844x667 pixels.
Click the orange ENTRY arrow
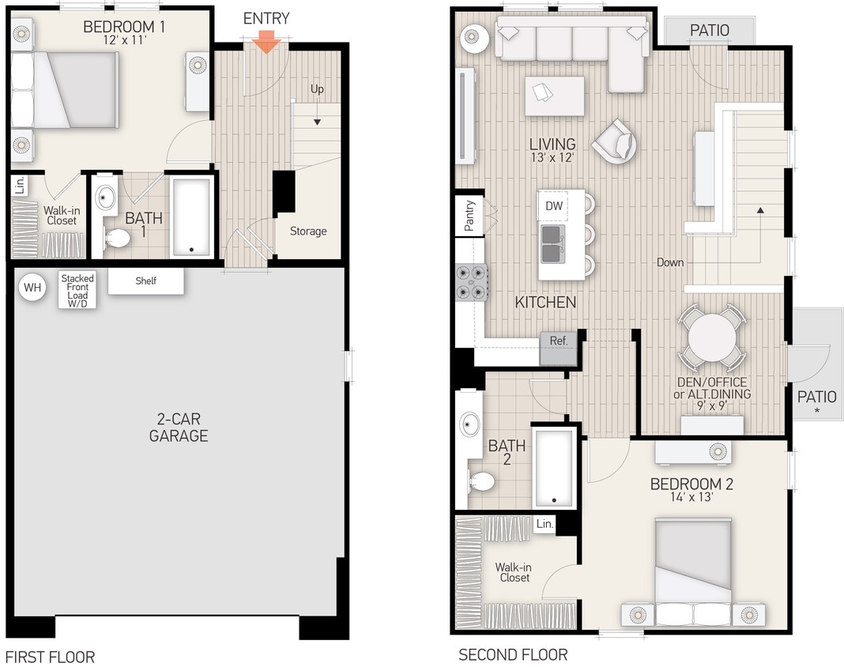tap(266, 43)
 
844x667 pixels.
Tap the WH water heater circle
tap(32, 288)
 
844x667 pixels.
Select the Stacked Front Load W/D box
tap(77, 290)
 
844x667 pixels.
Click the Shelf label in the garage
tap(146, 281)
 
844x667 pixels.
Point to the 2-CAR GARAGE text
tap(179, 428)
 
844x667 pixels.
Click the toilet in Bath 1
tap(117, 238)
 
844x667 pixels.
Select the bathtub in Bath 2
tap(554, 468)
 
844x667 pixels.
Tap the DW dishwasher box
tap(554, 206)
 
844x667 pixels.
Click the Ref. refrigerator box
tap(559, 341)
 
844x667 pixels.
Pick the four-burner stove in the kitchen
tap(473, 282)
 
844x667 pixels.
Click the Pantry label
tap(469, 216)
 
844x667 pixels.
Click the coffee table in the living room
tap(554, 96)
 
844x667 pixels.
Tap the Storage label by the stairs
tap(308, 232)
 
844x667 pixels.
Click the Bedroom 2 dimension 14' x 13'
tap(691, 498)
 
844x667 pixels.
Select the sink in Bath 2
tap(470, 425)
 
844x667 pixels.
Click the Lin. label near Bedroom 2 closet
tap(544, 524)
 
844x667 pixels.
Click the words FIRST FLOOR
tap(50, 657)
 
